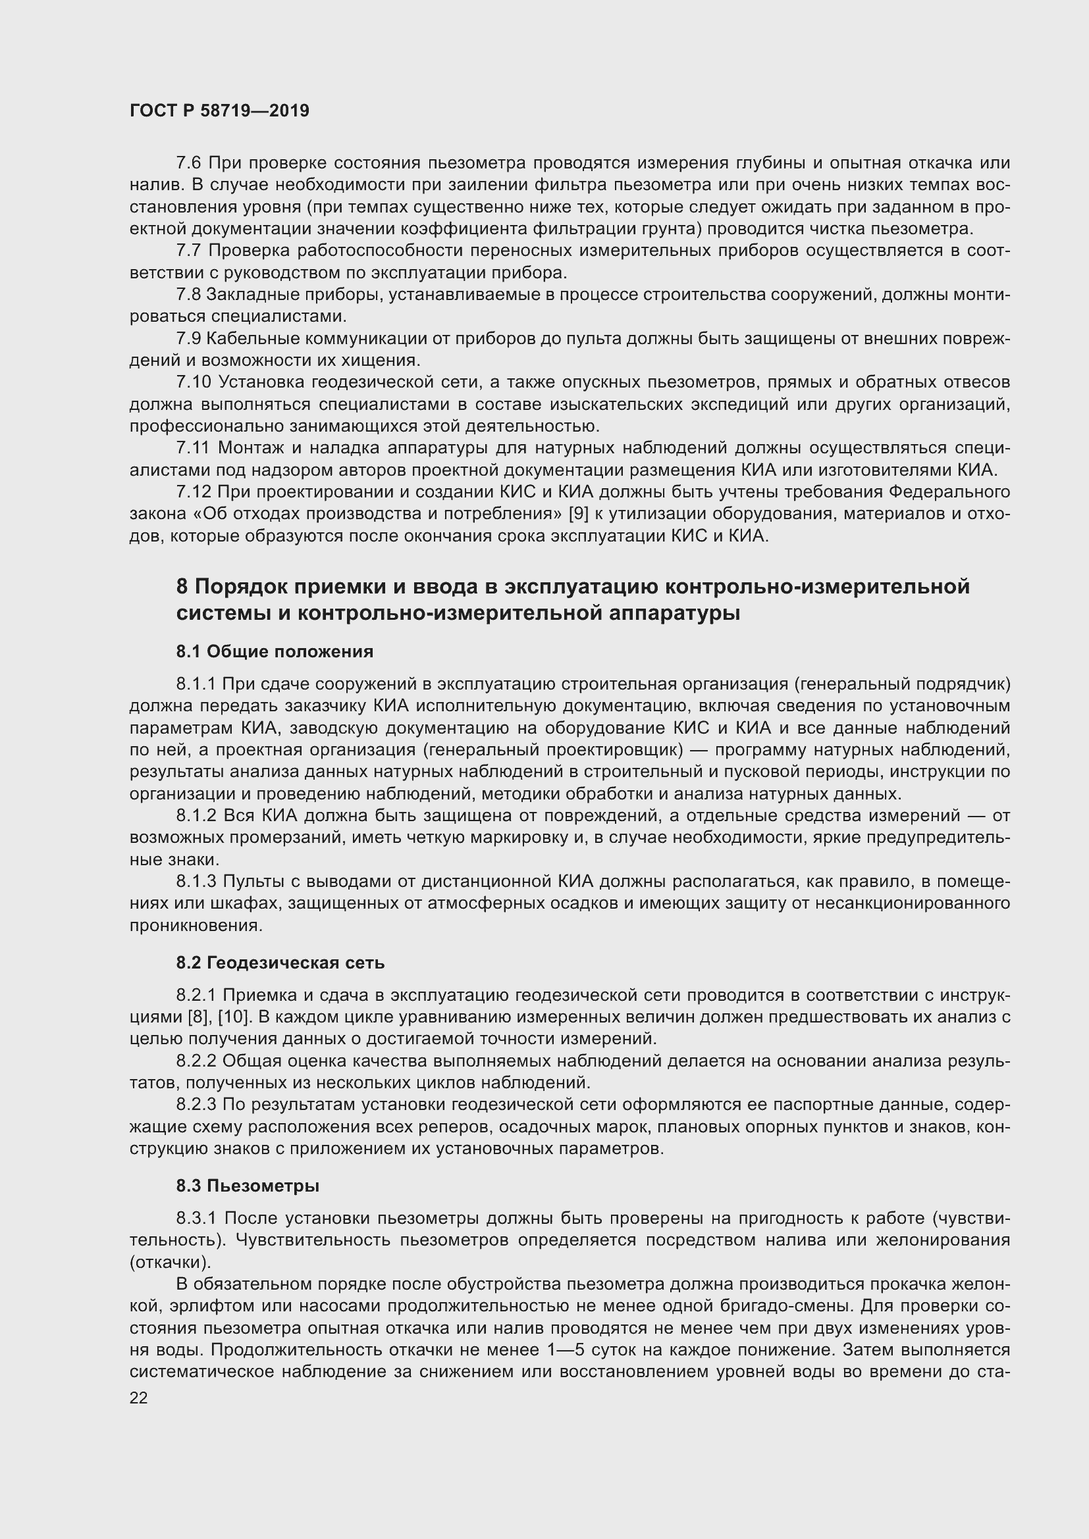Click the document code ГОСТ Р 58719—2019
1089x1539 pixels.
click(219, 111)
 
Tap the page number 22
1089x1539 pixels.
click(139, 1398)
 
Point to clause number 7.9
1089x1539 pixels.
click(189, 338)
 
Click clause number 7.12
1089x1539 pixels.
click(194, 492)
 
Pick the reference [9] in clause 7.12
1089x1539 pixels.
click(579, 514)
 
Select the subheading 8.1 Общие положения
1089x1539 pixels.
click(275, 651)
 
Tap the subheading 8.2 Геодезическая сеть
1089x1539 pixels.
click(280, 963)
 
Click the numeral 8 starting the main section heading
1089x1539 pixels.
click(182, 587)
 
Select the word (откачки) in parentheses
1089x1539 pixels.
click(170, 1262)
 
